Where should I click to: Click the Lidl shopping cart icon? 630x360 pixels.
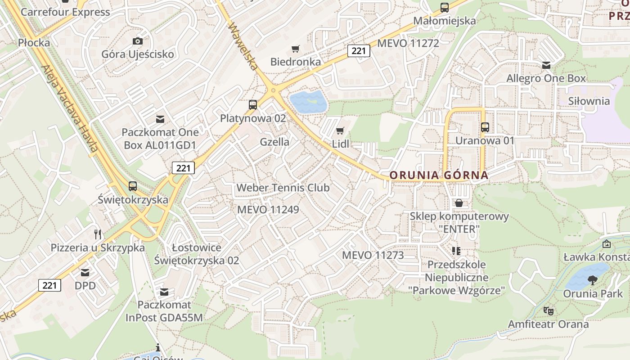[x=340, y=131]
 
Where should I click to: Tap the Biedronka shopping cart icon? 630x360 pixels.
[x=296, y=49]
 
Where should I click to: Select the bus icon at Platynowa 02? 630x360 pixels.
[x=253, y=105]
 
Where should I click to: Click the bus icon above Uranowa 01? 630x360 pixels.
[x=485, y=127]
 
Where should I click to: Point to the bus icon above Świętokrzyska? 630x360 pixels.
[x=132, y=186]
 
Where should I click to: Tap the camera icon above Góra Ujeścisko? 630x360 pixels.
[x=138, y=41]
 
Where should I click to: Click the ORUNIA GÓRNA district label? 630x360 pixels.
[x=439, y=175]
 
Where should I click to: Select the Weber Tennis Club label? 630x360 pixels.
[x=283, y=188]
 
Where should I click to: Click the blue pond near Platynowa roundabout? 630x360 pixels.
[x=308, y=102]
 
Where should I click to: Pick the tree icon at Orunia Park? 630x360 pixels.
[x=593, y=280]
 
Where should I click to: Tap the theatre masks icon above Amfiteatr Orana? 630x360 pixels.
[x=548, y=310]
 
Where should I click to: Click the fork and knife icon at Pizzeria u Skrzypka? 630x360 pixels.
[x=98, y=234]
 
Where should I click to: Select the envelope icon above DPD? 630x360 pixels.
[x=85, y=272]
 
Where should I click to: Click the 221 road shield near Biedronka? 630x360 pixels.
[x=359, y=51]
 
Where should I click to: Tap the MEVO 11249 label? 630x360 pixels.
[x=268, y=210]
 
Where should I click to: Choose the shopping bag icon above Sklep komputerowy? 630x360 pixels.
[x=459, y=203]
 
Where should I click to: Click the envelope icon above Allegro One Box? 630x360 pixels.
[x=546, y=65]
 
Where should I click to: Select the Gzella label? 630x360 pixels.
[x=274, y=142]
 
